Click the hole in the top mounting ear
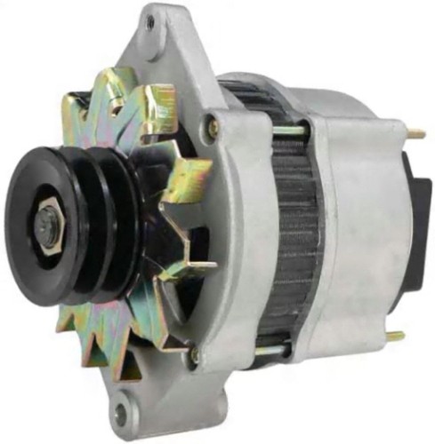pos(149,22)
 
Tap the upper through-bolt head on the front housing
pos(212,127)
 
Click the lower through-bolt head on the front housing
pos(195,355)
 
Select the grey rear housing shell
pos(356,222)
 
